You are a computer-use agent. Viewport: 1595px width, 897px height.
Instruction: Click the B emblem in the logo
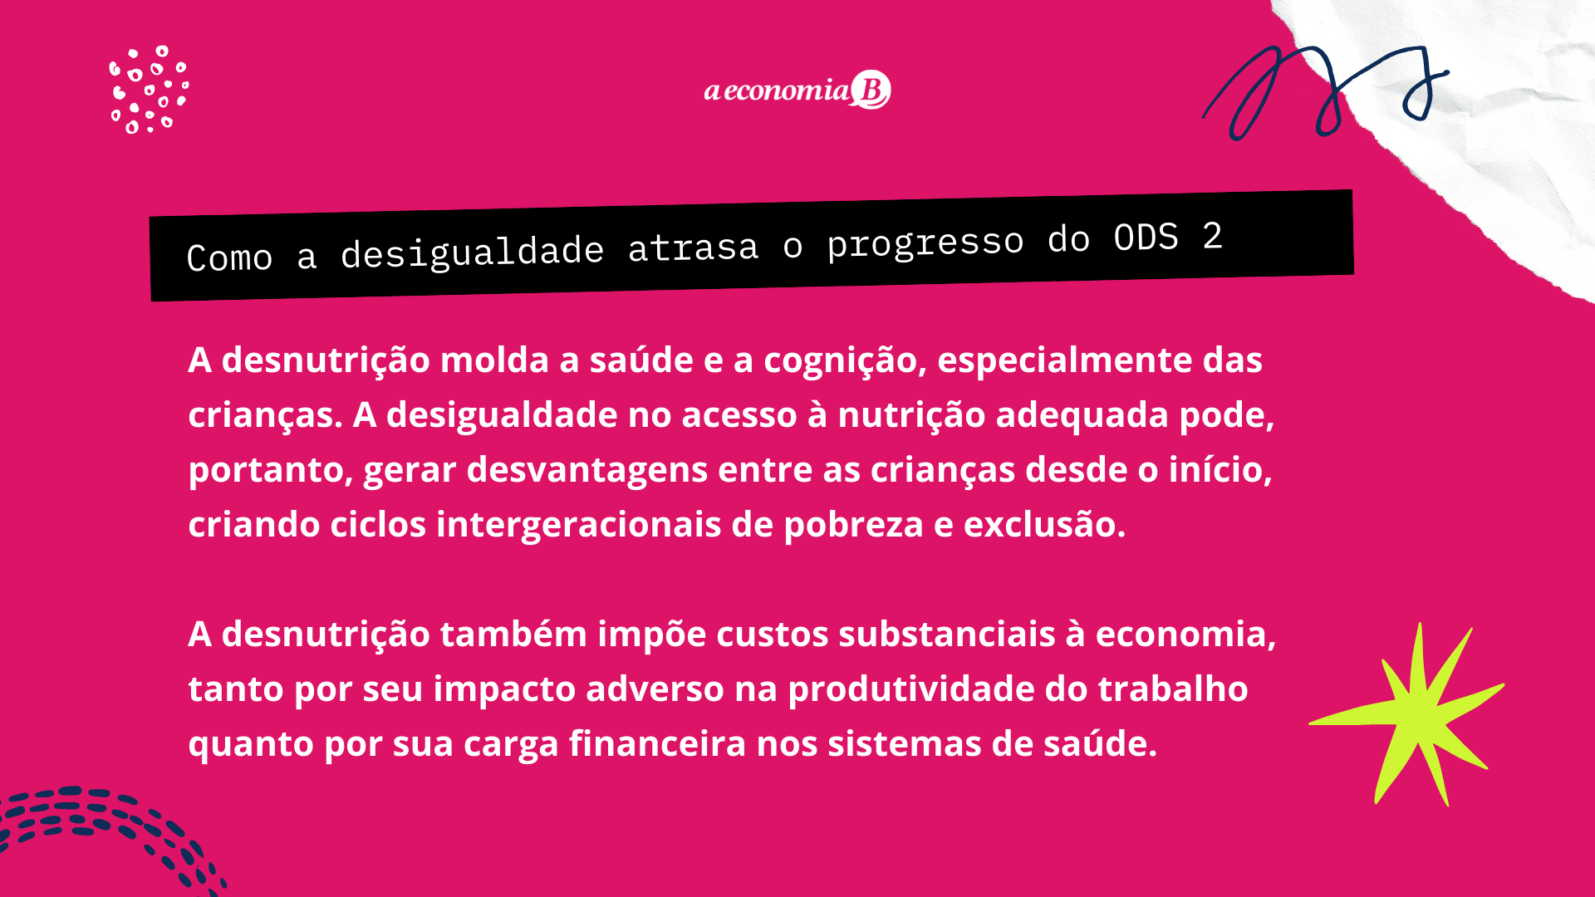(871, 90)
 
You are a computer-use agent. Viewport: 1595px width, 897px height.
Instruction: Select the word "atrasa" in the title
(693, 248)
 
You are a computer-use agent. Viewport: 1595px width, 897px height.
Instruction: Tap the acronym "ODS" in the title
(1146, 238)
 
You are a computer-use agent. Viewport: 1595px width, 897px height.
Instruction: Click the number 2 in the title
(1213, 236)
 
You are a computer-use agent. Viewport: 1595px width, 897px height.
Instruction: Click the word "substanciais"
(946, 635)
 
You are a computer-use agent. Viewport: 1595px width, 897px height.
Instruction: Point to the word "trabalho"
(1173, 689)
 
